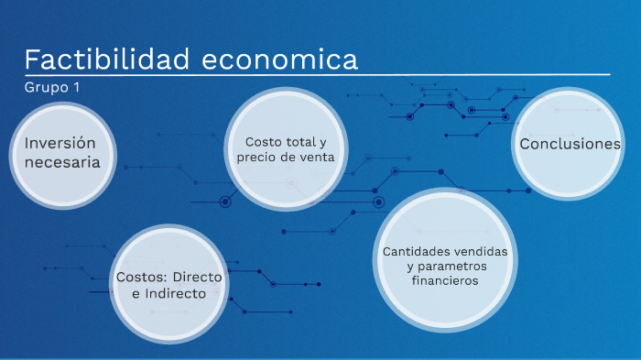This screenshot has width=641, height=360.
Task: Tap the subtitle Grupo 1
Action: click(52, 88)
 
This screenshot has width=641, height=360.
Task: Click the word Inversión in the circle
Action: click(60, 143)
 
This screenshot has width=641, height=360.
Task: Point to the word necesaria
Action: click(62, 163)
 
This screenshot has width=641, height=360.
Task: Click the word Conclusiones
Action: click(570, 145)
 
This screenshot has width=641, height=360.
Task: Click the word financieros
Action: click(445, 281)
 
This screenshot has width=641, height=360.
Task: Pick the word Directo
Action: click(197, 277)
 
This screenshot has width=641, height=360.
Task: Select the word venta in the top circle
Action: click(316, 158)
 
